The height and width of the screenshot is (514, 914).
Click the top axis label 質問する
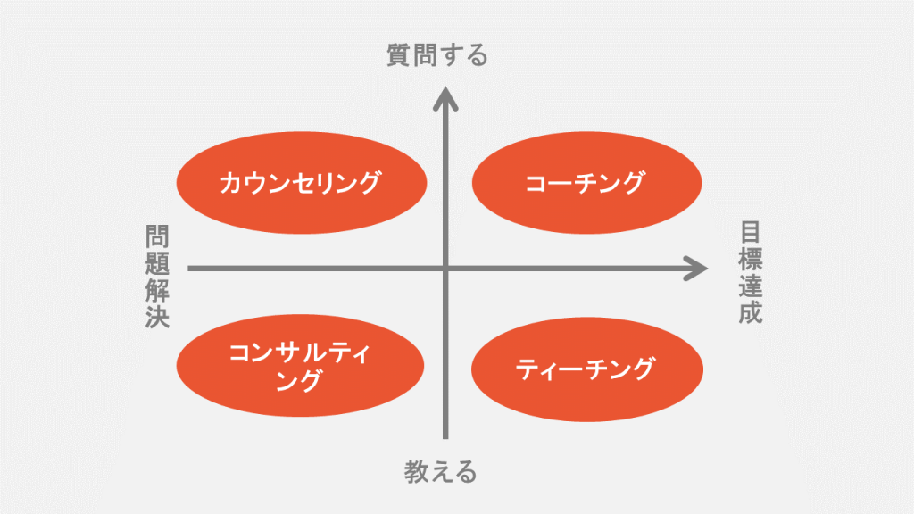coord(437,55)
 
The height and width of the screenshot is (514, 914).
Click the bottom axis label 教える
coord(440,471)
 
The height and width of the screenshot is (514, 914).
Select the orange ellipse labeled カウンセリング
coord(302,182)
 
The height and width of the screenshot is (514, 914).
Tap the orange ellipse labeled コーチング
coord(586,182)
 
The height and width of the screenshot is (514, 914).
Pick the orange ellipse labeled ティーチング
coord(587,369)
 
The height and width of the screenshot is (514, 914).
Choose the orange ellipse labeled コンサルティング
coord(300,365)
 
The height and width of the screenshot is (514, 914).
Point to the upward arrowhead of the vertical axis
coord(445,98)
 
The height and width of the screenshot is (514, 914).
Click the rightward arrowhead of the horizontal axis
coord(696,269)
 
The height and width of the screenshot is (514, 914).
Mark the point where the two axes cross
coord(445,269)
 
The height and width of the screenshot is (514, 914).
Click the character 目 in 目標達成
coord(750,232)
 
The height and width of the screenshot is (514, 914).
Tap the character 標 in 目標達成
coord(750,259)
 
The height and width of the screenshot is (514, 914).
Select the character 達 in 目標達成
coord(750,286)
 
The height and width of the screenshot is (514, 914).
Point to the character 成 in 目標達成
coord(750,312)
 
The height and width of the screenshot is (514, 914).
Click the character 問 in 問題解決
coord(157,236)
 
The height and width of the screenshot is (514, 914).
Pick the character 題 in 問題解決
coord(157,263)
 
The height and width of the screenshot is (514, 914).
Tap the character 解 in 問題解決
coord(157,290)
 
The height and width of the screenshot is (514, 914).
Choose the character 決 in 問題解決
coord(157,317)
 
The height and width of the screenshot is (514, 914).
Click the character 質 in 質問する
coord(399,55)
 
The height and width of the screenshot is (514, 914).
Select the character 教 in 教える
coord(416,471)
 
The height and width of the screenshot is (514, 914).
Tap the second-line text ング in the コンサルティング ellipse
coord(298,381)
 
